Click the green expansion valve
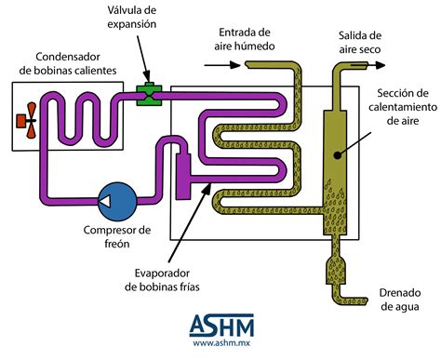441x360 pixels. [x=147, y=92]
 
